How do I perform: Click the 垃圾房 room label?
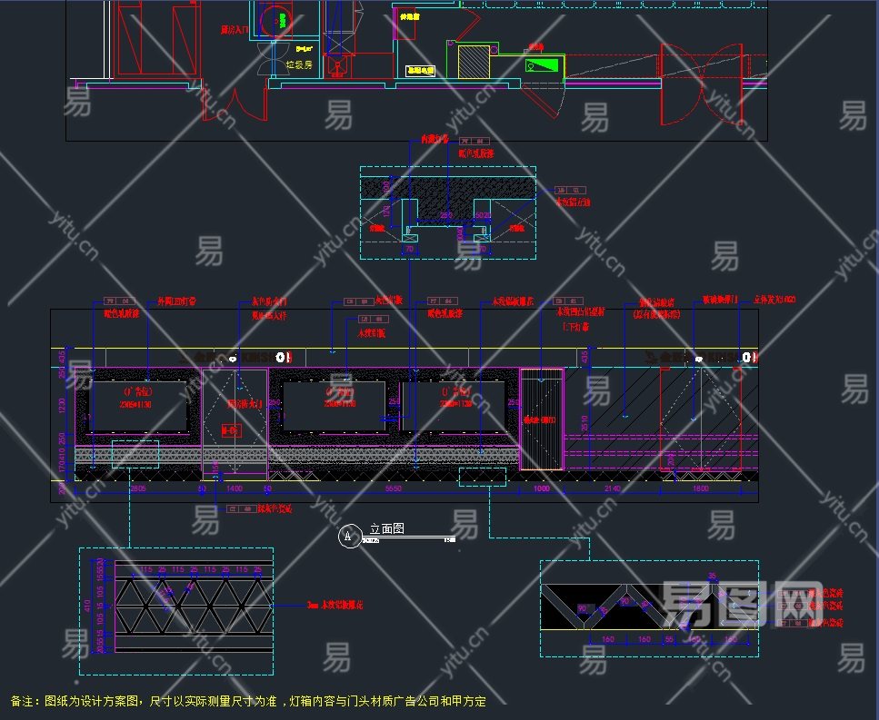pos(299,64)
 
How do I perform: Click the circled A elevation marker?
pos(348,537)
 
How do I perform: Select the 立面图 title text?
pos(386,528)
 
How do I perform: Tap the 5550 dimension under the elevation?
pos(393,488)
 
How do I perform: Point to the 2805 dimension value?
pos(138,488)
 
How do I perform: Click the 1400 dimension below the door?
pos(235,488)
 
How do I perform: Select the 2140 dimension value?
pos(612,488)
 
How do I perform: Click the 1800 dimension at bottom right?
pos(701,488)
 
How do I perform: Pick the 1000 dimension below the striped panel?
pos(542,488)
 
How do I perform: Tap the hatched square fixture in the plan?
pos(474,62)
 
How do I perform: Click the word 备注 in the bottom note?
pos(25,701)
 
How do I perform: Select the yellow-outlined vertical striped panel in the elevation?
pos(541,419)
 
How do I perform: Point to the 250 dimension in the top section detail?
pos(446,215)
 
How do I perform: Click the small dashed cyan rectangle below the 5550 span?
pos(474,477)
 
